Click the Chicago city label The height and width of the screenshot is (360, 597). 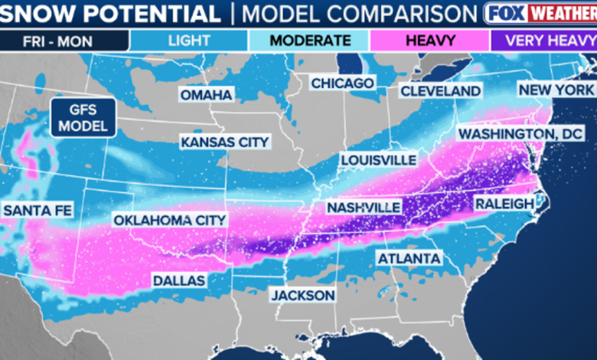point(341,83)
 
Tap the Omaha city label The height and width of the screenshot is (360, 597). point(205,95)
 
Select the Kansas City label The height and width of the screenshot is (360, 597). point(224,142)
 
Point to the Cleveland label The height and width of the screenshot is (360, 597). point(440,91)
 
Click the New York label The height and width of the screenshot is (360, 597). point(556,90)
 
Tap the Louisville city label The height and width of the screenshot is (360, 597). point(379,160)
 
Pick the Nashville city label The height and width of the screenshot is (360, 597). point(364,208)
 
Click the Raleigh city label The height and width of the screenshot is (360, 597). point(503,203)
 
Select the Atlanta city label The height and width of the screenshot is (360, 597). point(409,258)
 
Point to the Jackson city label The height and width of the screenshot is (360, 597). point(302,295)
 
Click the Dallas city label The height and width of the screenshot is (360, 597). point(178,280)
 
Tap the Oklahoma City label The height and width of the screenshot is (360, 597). point(170,220)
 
